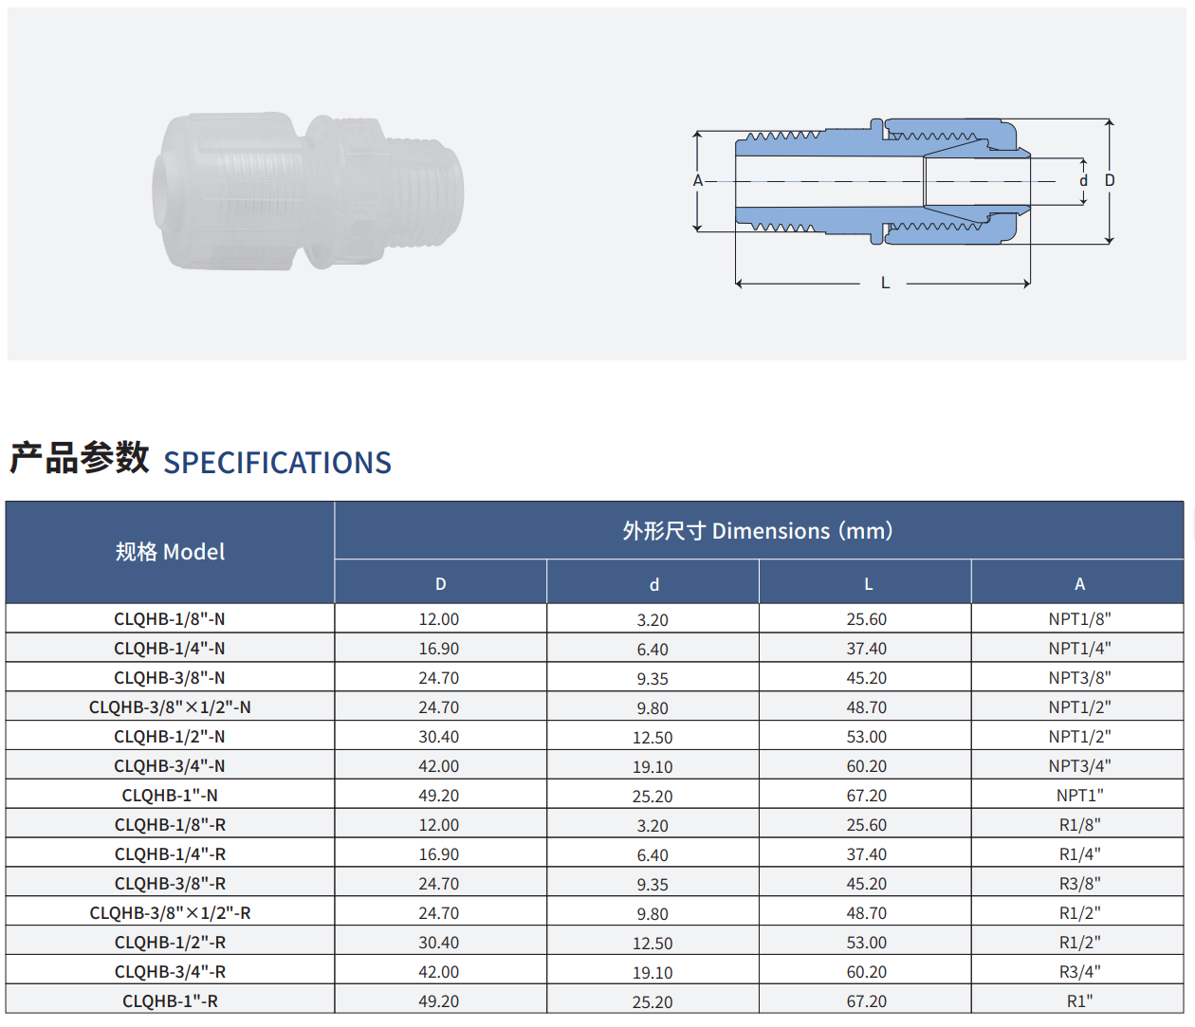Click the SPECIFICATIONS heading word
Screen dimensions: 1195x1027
point(278,463)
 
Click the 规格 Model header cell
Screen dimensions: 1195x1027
point(170,552)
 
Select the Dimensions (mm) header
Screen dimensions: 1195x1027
point(758,530)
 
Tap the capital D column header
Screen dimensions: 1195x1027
point(440,584)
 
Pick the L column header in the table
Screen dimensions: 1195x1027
point(869,584)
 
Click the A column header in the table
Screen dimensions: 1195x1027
point(1079,584)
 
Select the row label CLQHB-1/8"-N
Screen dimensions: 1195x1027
point(170,619)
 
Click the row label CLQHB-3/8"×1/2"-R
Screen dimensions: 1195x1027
point(170,912)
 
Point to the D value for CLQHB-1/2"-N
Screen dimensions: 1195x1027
point(439,736)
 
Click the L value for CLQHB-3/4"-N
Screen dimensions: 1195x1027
point(867,766)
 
